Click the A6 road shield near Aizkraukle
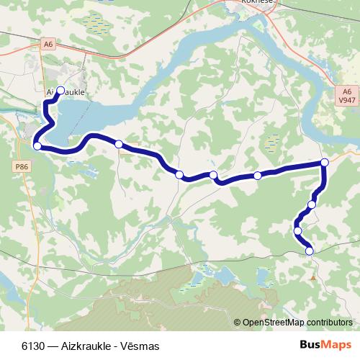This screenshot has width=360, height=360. tap(48, 44)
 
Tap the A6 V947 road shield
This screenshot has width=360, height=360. tap(347, 96)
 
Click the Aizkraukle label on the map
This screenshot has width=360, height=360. tap(66, 93)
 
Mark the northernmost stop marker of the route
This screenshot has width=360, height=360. tap(60, 90)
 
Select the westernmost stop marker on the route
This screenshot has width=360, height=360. tap(37, 146)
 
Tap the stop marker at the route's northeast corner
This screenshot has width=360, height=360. tap(325, 163)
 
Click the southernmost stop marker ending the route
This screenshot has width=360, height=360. tap(310, 251)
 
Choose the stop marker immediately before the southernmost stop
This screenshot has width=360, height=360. tap(297, 230)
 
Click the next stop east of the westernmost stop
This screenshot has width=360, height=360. tap(119, 144)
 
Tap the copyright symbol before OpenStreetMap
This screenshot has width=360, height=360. tap(238, 323)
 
